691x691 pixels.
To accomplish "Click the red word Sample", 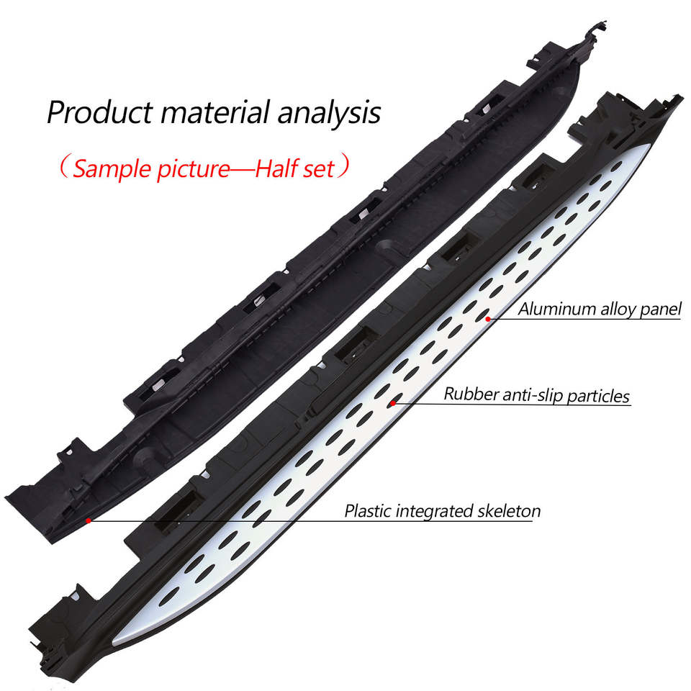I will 109,168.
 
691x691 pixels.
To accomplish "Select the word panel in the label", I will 661,310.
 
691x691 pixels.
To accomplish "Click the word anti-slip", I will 531,394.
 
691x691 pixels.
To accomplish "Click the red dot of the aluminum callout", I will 488,317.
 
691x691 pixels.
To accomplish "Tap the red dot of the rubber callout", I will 392,403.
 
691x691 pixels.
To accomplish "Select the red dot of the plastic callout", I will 88,519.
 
